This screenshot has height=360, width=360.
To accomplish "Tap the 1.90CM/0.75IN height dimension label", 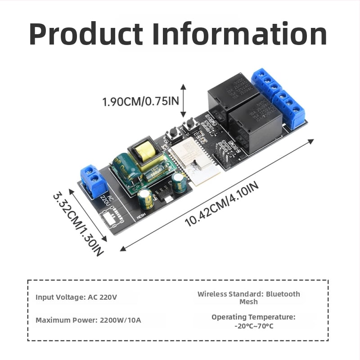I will click(x=140, y=101).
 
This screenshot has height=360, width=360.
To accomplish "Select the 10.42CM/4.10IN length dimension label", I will click(x=222, y=203).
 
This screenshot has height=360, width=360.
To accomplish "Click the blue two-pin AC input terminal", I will click(x=91, y=180).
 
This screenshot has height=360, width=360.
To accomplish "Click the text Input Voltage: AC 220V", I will click(x=76, y=297).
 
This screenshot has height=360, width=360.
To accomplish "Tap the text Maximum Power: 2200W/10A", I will click(x=88, y=320).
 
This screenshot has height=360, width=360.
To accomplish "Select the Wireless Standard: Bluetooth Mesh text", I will click(x=248, y=298).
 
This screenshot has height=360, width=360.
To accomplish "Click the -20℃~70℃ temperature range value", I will click(x=253, y=325).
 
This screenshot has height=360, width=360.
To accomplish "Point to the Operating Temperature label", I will click(x=253, y=317).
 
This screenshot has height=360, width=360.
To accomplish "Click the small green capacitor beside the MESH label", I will click(x=145, y=198).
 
